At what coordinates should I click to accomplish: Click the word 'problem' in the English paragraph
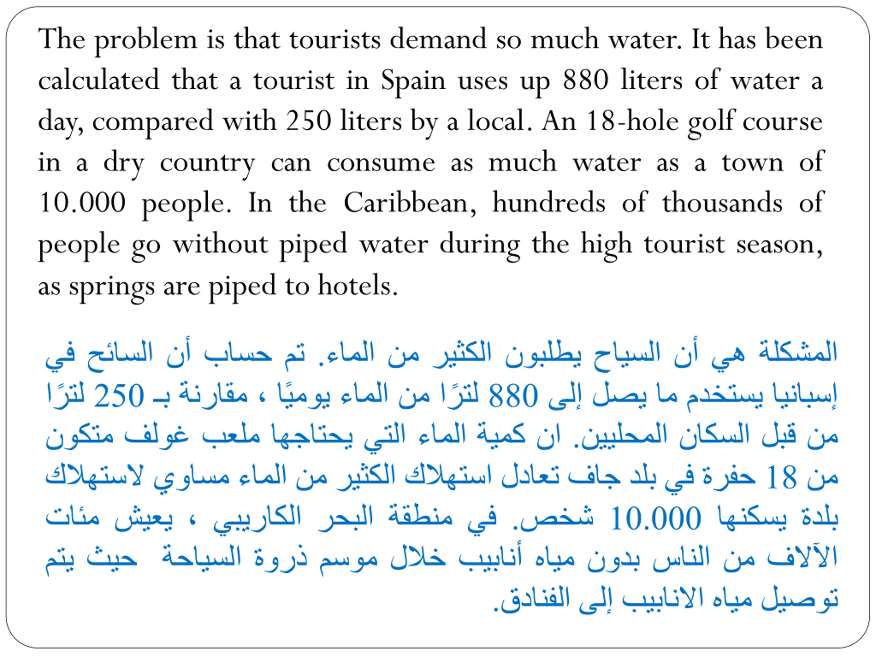(x=145, y=40)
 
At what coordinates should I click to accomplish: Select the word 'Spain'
(x=413, y=81)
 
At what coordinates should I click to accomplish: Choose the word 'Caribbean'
(x=410, y=203)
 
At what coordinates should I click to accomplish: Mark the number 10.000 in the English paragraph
(x=82, y=203)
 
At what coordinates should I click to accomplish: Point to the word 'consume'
(x=381, y=163)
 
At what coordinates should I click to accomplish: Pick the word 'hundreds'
(x=549, y=203)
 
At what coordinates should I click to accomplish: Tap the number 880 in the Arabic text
(x=513, y=396)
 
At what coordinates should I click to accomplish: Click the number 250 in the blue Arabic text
(x=119, y=396)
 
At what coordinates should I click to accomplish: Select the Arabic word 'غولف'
(x=156, y=436)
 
